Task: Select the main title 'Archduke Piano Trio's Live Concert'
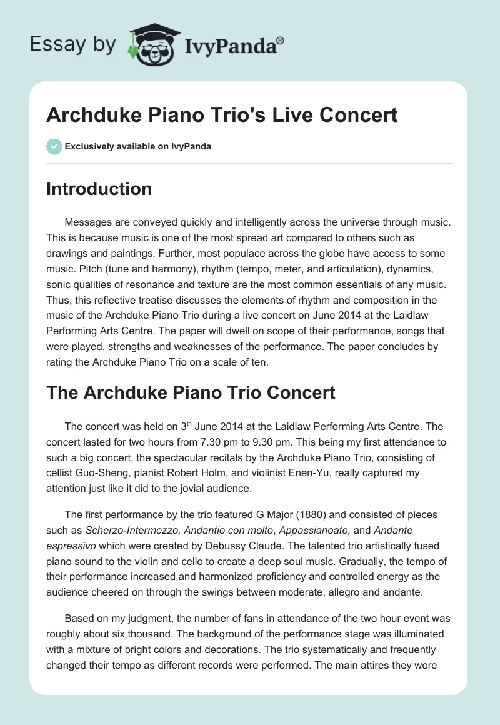click(222, 115)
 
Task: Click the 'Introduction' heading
click(99, 189)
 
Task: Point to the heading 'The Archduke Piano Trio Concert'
click(191, 392)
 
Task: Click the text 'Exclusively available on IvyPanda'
click(137, 146)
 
